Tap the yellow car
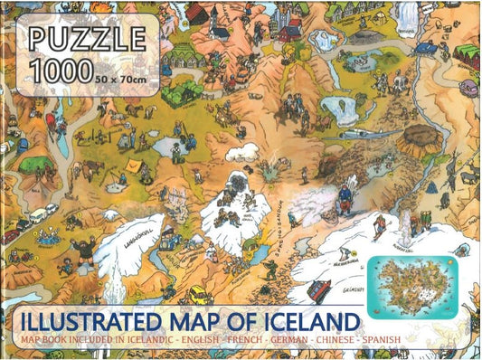tap(198, 295)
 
